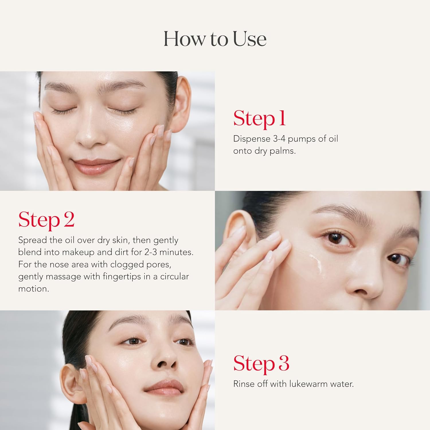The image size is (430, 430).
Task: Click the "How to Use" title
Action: pos(215,39)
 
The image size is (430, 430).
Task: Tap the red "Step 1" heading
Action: pos(259,118)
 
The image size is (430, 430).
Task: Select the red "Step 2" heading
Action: pos(46,220)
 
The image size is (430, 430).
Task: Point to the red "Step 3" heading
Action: pos(261,364)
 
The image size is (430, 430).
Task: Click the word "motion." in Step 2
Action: pos(34,289)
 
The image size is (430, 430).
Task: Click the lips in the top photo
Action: pos(93,166)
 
